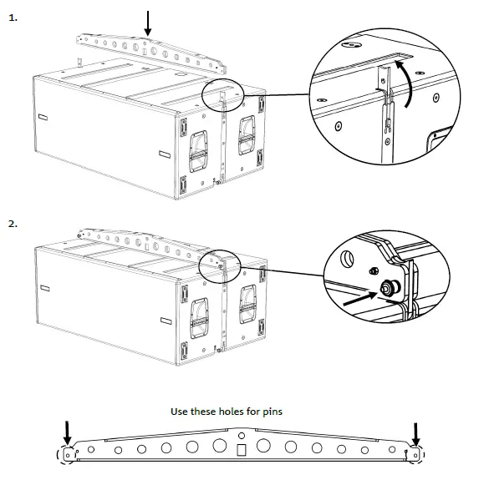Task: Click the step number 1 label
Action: point(13,16)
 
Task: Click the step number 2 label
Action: point(13,225)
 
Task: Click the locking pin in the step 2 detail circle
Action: point(389,289)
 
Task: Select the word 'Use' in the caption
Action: point(181,412)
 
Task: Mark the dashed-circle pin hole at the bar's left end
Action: point(64,455)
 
